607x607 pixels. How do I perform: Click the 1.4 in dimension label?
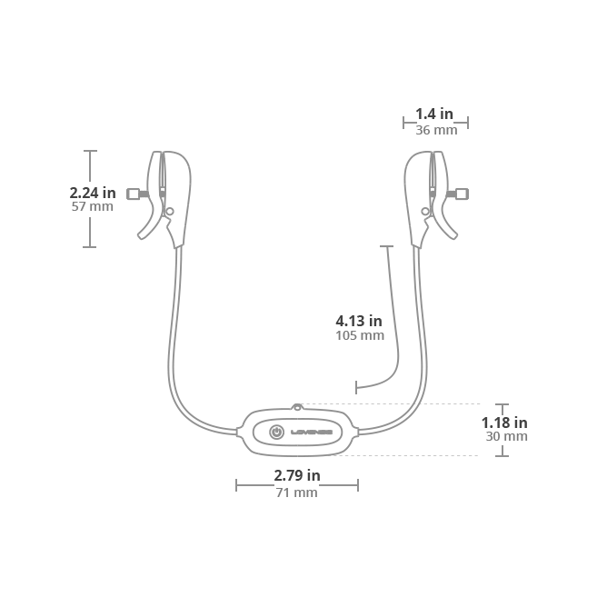coord(434,114)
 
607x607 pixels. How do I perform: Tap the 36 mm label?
coord(436,130)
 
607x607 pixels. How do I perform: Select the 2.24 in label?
coord(92,193)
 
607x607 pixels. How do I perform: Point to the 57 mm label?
coord(92,207)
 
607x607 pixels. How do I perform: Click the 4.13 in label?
coord(359,321)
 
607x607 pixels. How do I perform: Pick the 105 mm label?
coord(359,336)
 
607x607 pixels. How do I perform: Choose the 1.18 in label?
coord(503,423)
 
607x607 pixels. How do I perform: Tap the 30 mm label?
coord(505,437)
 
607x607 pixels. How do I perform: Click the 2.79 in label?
coord(297,475)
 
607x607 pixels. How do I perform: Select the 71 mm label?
coord(297,493)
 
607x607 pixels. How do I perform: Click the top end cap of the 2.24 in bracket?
coord(90,151)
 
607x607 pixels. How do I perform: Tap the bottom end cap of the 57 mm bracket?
coord(90,246)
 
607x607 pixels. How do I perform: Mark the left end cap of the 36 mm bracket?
coord(404,123)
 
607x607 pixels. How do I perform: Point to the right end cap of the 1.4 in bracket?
coord(467,123)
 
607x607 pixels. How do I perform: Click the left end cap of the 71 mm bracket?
coord(236,485)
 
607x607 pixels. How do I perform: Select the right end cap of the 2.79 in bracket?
coord(357,485)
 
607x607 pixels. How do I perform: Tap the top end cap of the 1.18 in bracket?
coord(502,404)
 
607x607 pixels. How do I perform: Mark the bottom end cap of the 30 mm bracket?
coord(502,455)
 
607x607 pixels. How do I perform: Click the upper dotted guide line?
coord(391,403)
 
